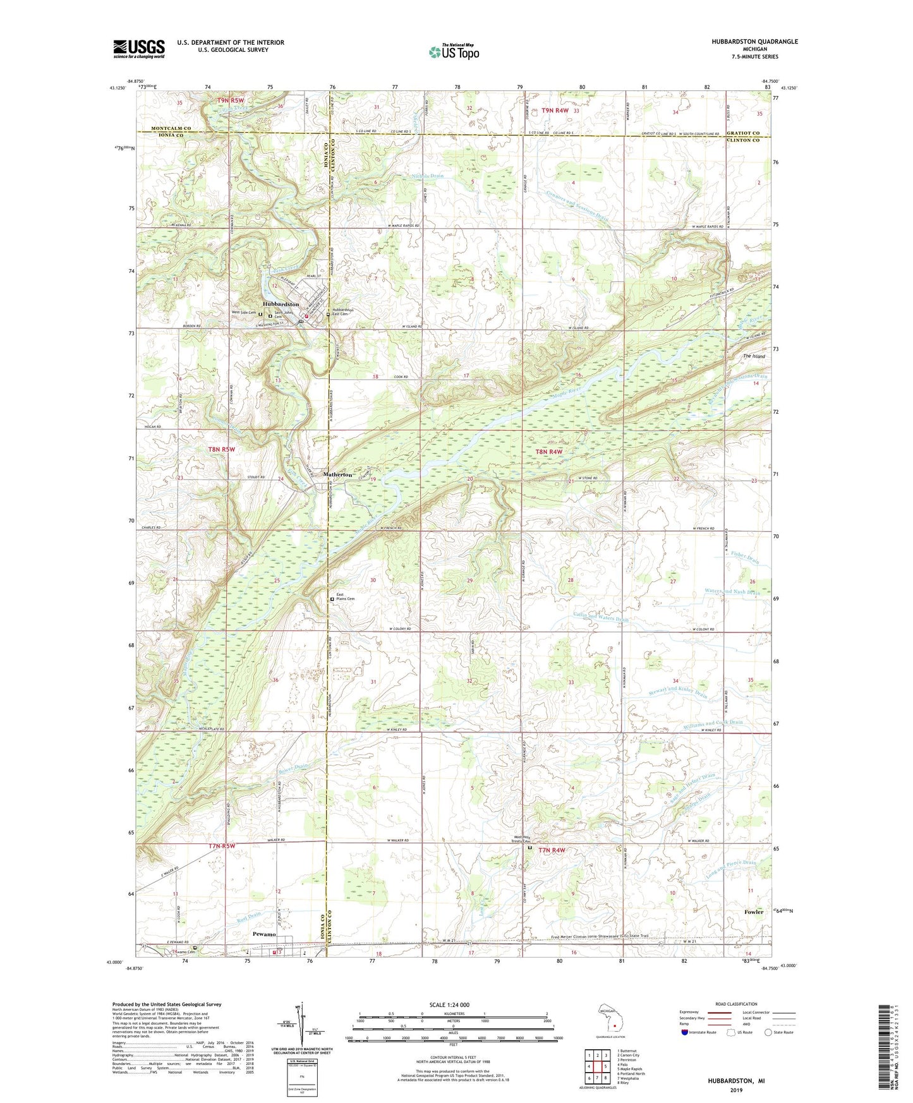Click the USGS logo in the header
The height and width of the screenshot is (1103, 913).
pyautogui.click(x=139, y=49)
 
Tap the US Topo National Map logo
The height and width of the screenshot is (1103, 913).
pyautogui.click(x=453, y=52)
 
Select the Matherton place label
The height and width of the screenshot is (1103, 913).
pyautogui.click(x=337, y=474)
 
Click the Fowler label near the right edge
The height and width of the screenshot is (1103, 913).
pyautogui.click(x=754, y=912)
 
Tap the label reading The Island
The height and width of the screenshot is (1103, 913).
pyautogui.click(x=754, y=356)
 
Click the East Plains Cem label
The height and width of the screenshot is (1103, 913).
pyautogui.click(x=345, y=598)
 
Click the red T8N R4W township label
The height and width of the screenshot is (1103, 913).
pyautogui.click(x=548, y=452)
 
